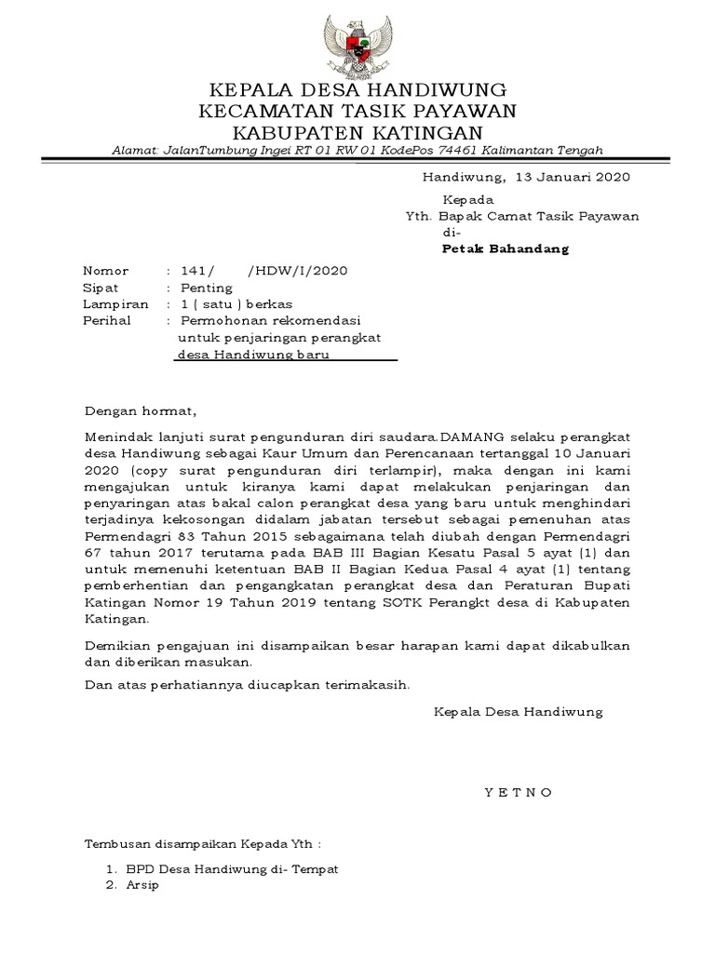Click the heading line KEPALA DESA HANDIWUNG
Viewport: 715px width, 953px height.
point(357,91)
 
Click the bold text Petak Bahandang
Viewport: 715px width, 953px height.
point(505,249)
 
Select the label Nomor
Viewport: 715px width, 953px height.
point(106,271)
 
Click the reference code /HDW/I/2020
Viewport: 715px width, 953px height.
point(298,271)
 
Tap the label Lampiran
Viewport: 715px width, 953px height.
point(115,304)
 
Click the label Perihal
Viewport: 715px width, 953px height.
point(109,321)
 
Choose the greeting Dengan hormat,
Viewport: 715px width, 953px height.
point(142,410)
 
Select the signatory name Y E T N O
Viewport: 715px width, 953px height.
point(519,792)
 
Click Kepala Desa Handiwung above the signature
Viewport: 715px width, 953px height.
point(519,712)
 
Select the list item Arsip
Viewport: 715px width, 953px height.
point(143,885)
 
